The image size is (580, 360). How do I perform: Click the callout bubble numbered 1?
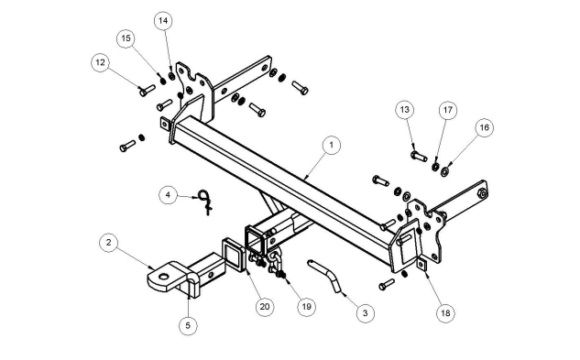pyautogui.click(x=331, y=145)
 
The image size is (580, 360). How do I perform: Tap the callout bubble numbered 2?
pyautogui.click(x=108, y=243)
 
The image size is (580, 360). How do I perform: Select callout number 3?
pyautogui.click(x=365, y=313)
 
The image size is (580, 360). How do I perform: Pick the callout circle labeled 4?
pyautogui.click(x=169, y=194)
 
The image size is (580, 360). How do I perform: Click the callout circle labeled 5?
pyautogui.click(x=188, y=325)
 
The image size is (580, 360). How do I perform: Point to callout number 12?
pyautogui.click(x=100, y=62)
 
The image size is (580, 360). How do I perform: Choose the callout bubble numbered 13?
pyautogui.click(x=405, y=110)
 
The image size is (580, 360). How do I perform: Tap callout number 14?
pyautogui.click(x=163, y=21)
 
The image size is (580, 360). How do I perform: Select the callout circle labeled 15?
pyautogui.click(x=126, y=38)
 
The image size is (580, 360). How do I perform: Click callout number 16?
pyautogui.click(x=484, y=127)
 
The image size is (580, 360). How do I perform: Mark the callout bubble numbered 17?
pyautogui.click(x=447, y=110)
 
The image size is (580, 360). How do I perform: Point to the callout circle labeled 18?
pyautogui.click(x=445, y=313)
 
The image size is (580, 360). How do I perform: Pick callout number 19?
pyautogui.click(x=306, y=307)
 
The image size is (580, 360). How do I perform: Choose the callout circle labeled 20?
pyautogui.click(x=265, y=307)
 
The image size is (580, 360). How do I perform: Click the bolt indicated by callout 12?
pyautogui.click(x=148, y=90)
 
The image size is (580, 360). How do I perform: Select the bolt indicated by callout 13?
pyautogui.click(x=419, y=156)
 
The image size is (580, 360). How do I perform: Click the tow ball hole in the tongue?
pyautogui.click(x=163, y=277)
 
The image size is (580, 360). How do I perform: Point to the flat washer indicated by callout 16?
pyautogui.click(x=444, y=172)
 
